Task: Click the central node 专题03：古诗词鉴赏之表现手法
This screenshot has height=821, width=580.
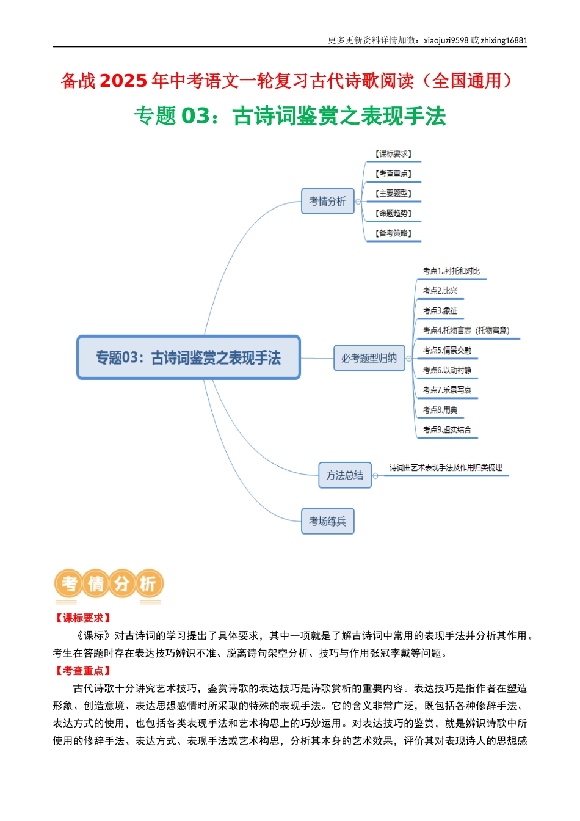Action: pos(189,357)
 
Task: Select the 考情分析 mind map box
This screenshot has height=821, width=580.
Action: pos(328,201)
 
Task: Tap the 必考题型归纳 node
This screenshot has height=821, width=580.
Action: pos(369,358)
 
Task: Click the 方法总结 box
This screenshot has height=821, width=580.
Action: pos(345,475)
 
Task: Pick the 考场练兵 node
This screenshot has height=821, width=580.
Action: pos(328,521)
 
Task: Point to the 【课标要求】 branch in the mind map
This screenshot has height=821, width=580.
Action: pos(394,154)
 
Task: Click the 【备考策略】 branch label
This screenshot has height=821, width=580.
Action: pos(394,233)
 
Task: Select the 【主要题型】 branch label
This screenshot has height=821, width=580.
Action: pos(394,194)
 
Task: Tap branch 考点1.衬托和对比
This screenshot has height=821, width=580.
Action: pos(452,271)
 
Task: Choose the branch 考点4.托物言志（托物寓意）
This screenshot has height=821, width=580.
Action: pos(466,330)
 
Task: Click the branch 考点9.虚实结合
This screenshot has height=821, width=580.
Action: pos(447,429)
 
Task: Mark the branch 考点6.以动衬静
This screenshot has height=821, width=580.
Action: pos(447,370)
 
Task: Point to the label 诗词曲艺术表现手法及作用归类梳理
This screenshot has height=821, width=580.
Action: pos(446,467)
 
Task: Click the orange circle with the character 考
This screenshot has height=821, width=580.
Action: pos(69,583)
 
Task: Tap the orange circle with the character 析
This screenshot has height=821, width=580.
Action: pos(148,583)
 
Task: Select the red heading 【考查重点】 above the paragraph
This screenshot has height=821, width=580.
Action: pos(83,671)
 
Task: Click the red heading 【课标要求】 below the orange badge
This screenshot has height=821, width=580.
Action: pos(83,618)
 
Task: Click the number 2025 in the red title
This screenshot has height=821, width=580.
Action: pos(123,81)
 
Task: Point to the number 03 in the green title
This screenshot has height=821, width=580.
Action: pos(195,116)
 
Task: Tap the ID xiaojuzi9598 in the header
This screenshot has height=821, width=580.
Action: pos(446,40)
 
